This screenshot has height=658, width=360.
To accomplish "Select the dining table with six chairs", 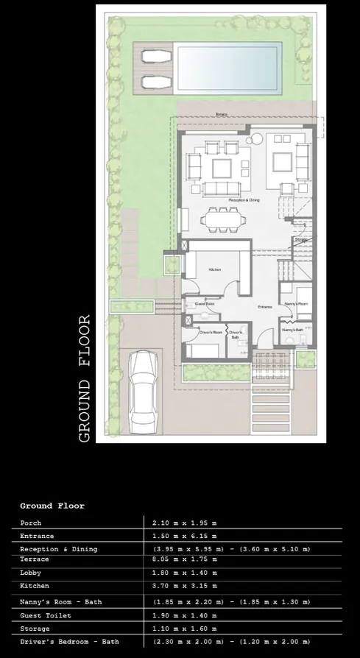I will click(x=224, y=218).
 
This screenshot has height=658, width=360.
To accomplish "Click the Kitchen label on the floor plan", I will click(x=214, y=270).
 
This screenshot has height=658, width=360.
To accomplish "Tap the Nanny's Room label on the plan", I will click(x=294, y=303).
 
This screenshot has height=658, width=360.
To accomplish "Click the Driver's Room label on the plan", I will click(x=211, y=333).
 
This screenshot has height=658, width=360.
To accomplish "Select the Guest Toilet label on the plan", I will click(x=204, y=303).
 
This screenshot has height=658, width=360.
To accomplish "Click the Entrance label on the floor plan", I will click(x=265, y=307).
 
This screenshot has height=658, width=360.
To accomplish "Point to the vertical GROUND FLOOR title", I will click(x=85, y=378).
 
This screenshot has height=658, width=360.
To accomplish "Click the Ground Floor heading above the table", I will click(x=52, y=506).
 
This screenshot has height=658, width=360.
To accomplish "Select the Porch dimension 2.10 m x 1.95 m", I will click(x=184, y=523).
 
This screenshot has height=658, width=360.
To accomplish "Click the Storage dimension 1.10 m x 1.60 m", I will click(x=184, y=629).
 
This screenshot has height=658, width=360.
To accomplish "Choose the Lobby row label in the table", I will click(x=31, y=573).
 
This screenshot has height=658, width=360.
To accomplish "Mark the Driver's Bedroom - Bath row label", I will click(x=69, y=642).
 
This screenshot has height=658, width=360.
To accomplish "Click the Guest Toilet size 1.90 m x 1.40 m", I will click(x=184, y=615).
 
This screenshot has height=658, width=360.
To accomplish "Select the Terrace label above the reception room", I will click(x=222, y=115).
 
